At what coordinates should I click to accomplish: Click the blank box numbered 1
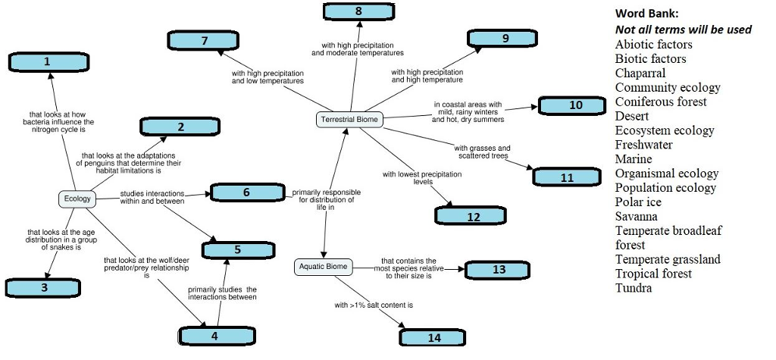click(x=47, y=61)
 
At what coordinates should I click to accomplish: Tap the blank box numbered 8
click(x=358, y=11)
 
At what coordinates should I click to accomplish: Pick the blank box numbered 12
click(x=474, y=216)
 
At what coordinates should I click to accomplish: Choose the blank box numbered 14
click(x=434, y=337)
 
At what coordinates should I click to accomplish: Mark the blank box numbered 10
click(x=576, y=105)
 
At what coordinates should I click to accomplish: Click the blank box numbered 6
click(x=247, y=193)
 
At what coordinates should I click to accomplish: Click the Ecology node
click(x=77, y=199)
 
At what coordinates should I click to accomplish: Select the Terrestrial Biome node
click(x=349, y=120)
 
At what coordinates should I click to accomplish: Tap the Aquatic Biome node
click(x=323, y=267)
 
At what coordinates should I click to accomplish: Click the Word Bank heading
click(x=647, y=13)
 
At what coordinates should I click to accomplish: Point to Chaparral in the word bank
click(x=640, y=73)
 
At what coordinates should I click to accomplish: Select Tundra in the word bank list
click(x=633, y=288)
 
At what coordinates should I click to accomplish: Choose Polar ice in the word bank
click(x=638, y=202)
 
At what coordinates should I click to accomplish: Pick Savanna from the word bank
click(x=636, y=216)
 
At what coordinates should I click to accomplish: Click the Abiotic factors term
click(x=653, y=44)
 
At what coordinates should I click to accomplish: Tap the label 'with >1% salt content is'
click(x=374, y=305)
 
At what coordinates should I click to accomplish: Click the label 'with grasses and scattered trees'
click(x=483, y=152)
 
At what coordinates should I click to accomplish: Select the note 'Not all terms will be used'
click(x=683, y=29)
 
